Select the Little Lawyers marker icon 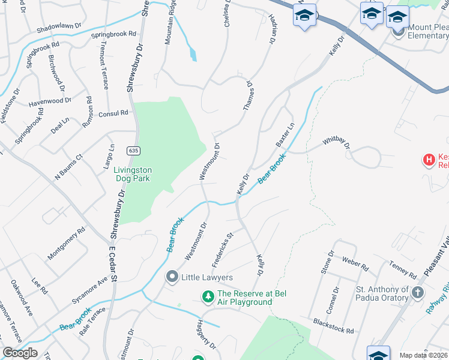[172, 277]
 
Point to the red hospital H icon [429, 160]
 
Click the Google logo [19, 353]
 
